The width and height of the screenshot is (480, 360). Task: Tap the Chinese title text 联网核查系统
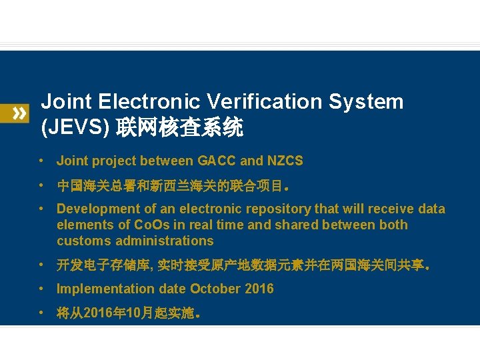click(180, 127)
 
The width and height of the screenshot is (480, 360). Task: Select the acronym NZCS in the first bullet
click(285, 161)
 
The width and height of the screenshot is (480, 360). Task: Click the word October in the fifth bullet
click(215, 289)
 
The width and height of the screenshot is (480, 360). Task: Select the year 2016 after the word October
click(259, 289)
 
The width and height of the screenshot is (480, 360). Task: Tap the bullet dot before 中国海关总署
click(41, 185)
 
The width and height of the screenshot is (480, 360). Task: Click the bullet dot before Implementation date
click(41, 289)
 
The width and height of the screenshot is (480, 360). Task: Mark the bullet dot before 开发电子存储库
click(41, 265)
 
